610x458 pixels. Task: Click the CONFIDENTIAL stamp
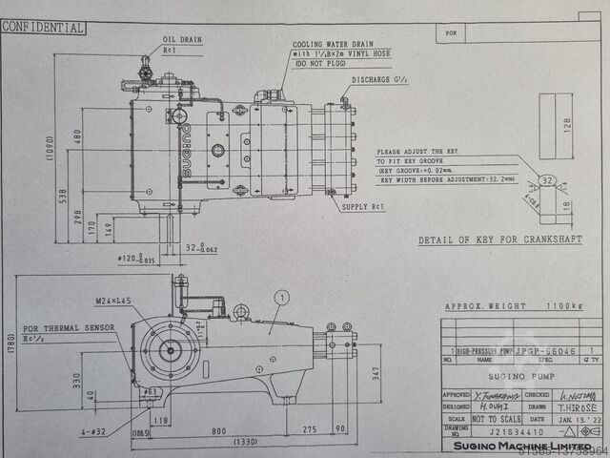(x=43, y=28)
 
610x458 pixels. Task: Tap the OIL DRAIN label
(x=183, y=40)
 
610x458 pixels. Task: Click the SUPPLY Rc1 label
(x=363, y=206)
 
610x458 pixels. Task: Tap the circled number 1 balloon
(x=280, y=298)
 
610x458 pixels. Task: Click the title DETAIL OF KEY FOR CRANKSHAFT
(x=499, y=239)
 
